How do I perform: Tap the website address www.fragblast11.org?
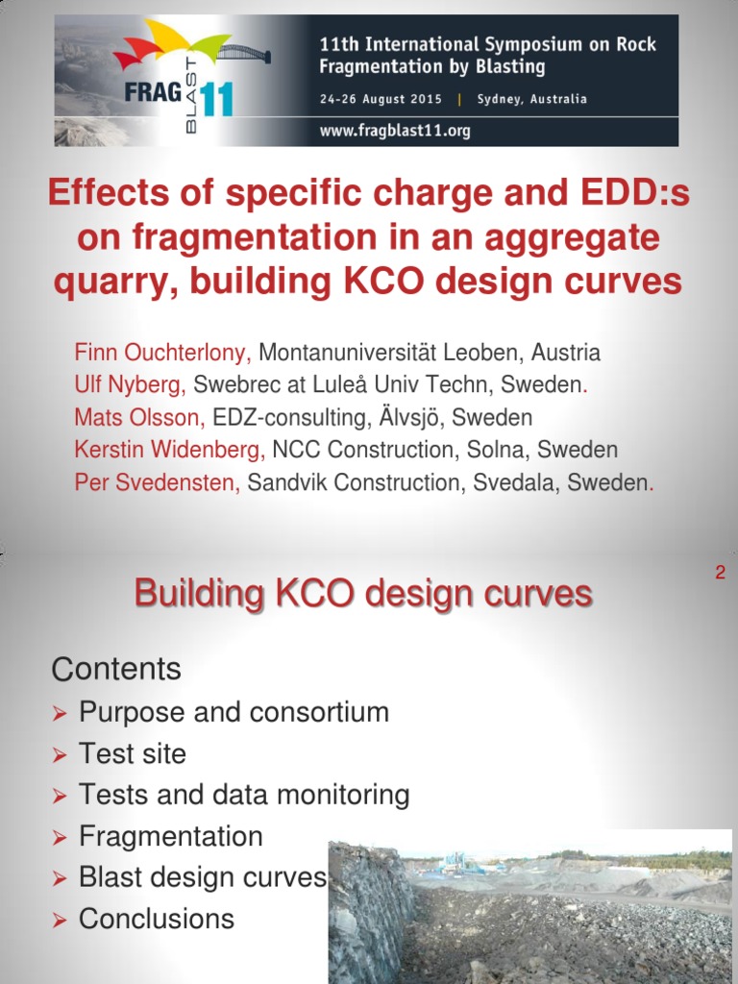click(395, 131)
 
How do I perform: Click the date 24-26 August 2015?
click(381, 99)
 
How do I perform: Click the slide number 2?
click(719, 574)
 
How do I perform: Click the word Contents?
click(116, 669)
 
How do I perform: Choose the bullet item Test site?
click(133, 753)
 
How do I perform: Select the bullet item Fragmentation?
click(170, 836)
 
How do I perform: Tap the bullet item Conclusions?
click(156, 919)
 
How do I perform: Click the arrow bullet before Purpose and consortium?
click(60, 714)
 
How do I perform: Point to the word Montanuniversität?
click(364, 353)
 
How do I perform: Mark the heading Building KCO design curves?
click(363, 594)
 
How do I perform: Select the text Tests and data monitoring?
click(244, 795)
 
